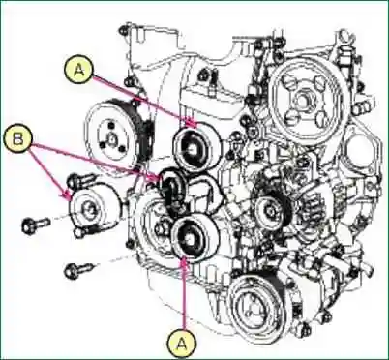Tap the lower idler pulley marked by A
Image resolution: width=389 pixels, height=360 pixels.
(191, 236)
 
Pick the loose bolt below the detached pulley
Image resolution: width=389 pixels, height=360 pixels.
(77, 268)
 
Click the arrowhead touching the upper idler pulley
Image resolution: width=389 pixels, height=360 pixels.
(194, 127)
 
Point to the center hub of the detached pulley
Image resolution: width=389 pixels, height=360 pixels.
(89, 209)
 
